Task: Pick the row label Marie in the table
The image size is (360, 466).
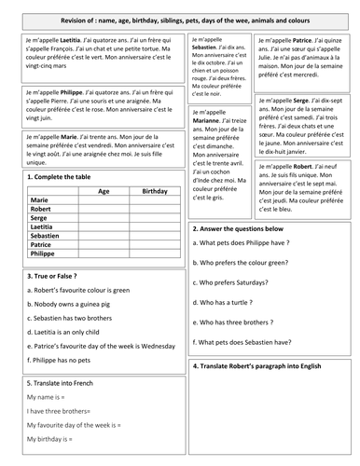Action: coord(40,199)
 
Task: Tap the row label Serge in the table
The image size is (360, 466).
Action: coord(40,218)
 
